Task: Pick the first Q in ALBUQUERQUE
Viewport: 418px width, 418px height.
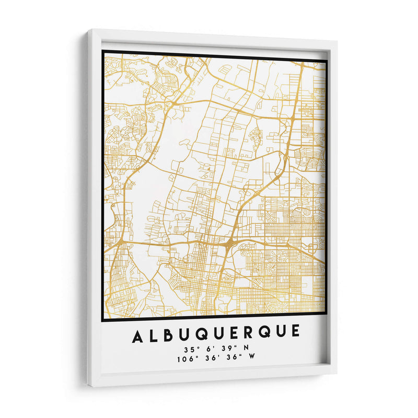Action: tap(201, 334)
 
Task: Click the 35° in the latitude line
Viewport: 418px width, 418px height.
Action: tap(190, 349)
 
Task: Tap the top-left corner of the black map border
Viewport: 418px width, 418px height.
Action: tap(103, 51)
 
